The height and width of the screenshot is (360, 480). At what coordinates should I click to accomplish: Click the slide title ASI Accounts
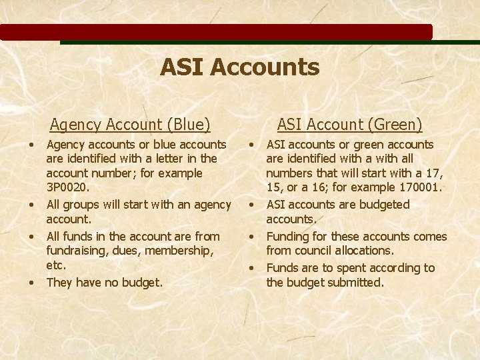point(239,67)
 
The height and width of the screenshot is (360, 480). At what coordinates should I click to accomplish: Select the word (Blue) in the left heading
point(189,125)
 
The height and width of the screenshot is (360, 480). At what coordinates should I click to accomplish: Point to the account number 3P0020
point(67,187)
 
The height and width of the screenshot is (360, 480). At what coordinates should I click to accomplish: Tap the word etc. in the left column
point(56,265)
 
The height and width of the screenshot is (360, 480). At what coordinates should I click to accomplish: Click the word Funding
point(289,236)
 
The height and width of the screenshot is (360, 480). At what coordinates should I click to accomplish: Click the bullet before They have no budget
point(32,283)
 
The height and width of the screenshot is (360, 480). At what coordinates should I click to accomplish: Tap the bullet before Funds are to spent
point(252,269)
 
